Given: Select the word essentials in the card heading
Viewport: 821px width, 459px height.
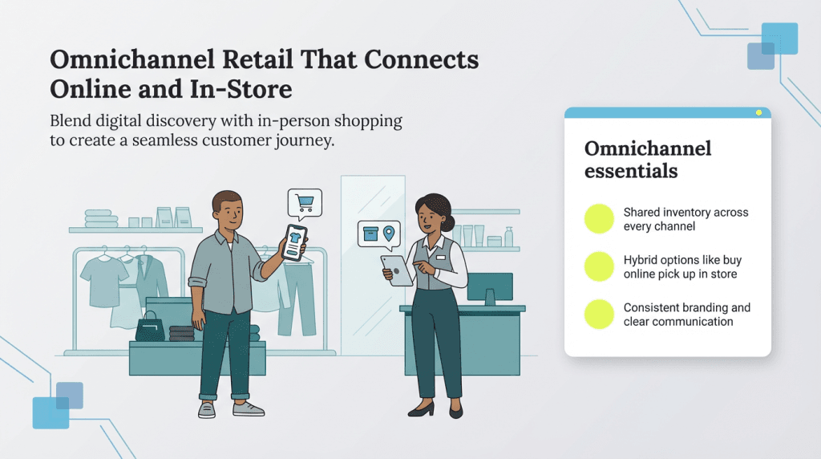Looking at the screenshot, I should (631, 171).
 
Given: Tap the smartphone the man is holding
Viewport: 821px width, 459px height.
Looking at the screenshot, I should (295, 242).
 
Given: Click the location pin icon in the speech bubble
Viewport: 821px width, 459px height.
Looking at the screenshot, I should (389, 234).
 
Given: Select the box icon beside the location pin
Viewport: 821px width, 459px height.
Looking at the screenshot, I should (370, 234).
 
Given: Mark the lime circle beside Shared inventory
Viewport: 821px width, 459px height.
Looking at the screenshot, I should (599, 219).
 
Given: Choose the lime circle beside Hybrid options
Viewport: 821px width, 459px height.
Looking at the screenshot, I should (599, 266).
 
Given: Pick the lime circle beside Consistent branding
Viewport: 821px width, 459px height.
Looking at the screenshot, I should (599, 314).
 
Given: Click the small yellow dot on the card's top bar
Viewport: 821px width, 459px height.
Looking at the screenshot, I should (758, 112).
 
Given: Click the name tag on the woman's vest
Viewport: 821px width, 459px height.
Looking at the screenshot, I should (440, 257).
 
